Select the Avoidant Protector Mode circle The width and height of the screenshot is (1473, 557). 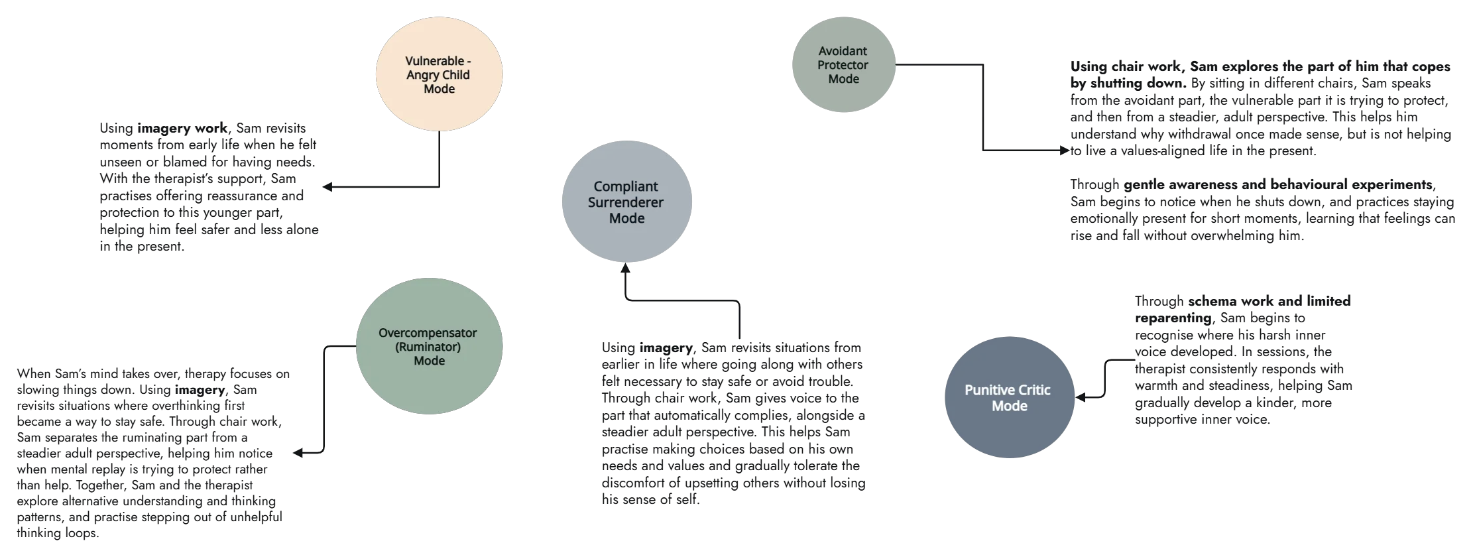coord(843,65)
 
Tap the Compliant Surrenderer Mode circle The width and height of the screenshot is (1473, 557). coord(626,202)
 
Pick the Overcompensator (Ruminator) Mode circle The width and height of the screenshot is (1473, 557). coord(429,346)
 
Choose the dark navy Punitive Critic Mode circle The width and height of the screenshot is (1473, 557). coord(1008,397)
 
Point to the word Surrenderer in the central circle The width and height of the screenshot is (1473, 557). coord(626,202)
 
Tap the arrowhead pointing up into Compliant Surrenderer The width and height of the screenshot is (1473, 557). coord(624,268)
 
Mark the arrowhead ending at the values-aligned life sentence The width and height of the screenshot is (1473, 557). coord(1065,152)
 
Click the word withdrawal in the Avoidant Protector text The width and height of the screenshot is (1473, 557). coord(1212,135)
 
